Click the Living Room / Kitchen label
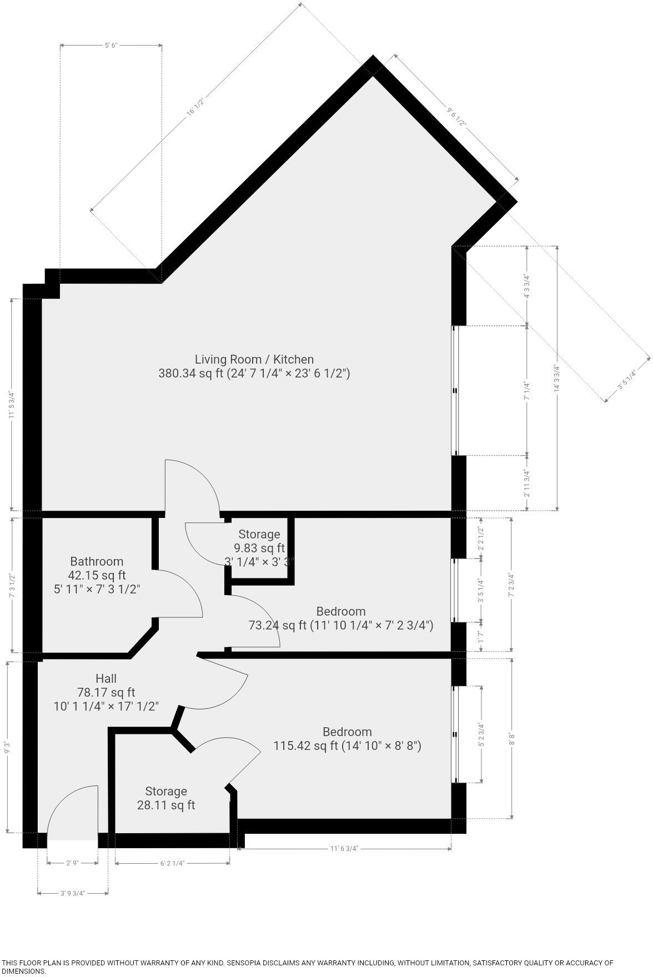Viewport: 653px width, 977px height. click(254, 360)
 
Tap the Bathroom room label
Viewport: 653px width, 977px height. click(97, 561)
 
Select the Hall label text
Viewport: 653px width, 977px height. click(106, 678)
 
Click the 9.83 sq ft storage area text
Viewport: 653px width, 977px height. click(259, 548)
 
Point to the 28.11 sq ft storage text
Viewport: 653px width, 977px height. click(165, 805)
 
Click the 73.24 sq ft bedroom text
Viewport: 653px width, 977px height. click(340, 626)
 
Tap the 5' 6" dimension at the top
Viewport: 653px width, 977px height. click(111, 46)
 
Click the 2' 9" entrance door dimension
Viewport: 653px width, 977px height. click(73, 863)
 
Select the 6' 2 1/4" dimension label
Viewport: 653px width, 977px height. click(172, 863)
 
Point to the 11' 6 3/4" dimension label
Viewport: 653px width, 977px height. click(344, 849)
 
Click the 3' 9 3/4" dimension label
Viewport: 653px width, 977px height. click(73, 893)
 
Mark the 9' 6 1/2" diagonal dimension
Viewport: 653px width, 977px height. click(456, 117)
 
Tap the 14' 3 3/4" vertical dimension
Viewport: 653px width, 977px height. click(557, 378)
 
